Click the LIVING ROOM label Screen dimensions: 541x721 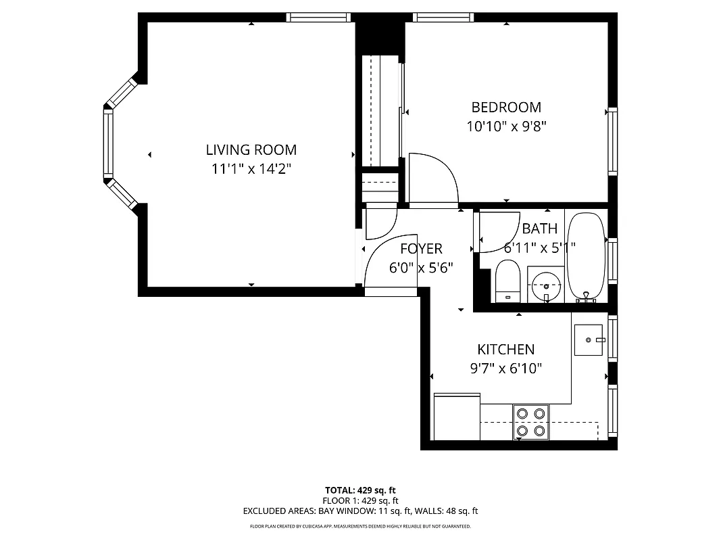coord(251,150)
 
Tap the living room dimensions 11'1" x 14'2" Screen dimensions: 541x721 coord(251,168)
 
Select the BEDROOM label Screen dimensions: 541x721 coord(505,107)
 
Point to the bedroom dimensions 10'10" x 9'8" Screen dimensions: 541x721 coord(505,126)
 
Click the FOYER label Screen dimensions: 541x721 coord(420,249)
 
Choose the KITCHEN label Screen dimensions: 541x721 coord(505,350)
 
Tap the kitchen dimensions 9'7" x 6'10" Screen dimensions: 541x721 coord(505,369)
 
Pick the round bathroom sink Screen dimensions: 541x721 coord(545,287)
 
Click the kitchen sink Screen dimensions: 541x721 coord(588,339)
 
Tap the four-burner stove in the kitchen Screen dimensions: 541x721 coord(531,422)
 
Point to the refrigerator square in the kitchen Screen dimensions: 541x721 coord(456,418)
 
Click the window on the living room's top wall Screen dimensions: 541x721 coord(318,18)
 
